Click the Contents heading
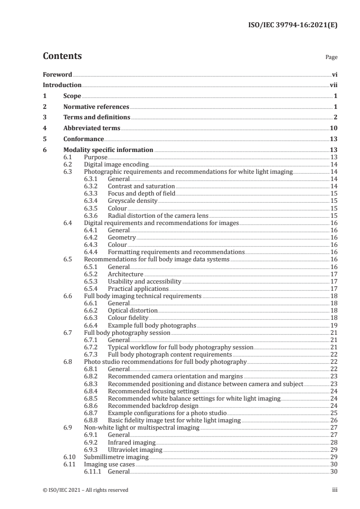pyautogui.click(x=62, y=56)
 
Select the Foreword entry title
pyautogui.click(x=57, y=74)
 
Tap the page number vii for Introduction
pyautogui.click(x=333, y=85)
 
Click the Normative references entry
pyautogui.click(x=96, y=107)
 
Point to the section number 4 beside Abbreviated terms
pyautogui.click(x=44, y=128)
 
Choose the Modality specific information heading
pyautogui.click(x=108, y=150)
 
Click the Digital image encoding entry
pyautogui.click(x=116, y=164)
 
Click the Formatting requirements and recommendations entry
pyautogui.click(x=176, y=252)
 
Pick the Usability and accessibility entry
pyautogui.click(x=144, y=281)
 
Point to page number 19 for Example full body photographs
pyautogui.click(x=334, y=325)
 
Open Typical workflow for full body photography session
pyautogui.click(x=180, y=347)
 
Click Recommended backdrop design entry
pyautogui.click(x=146, y=405)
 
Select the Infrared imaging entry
pyautogui.click(x=132, y=442)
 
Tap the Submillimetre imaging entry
pyautogui.click(x=116, y=456)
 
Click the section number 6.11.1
pyautogui.click(x=93, y=471)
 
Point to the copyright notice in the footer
pyautogui.click(x=85, y=489)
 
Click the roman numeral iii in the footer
pyautogui.click(x=335, y=489)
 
